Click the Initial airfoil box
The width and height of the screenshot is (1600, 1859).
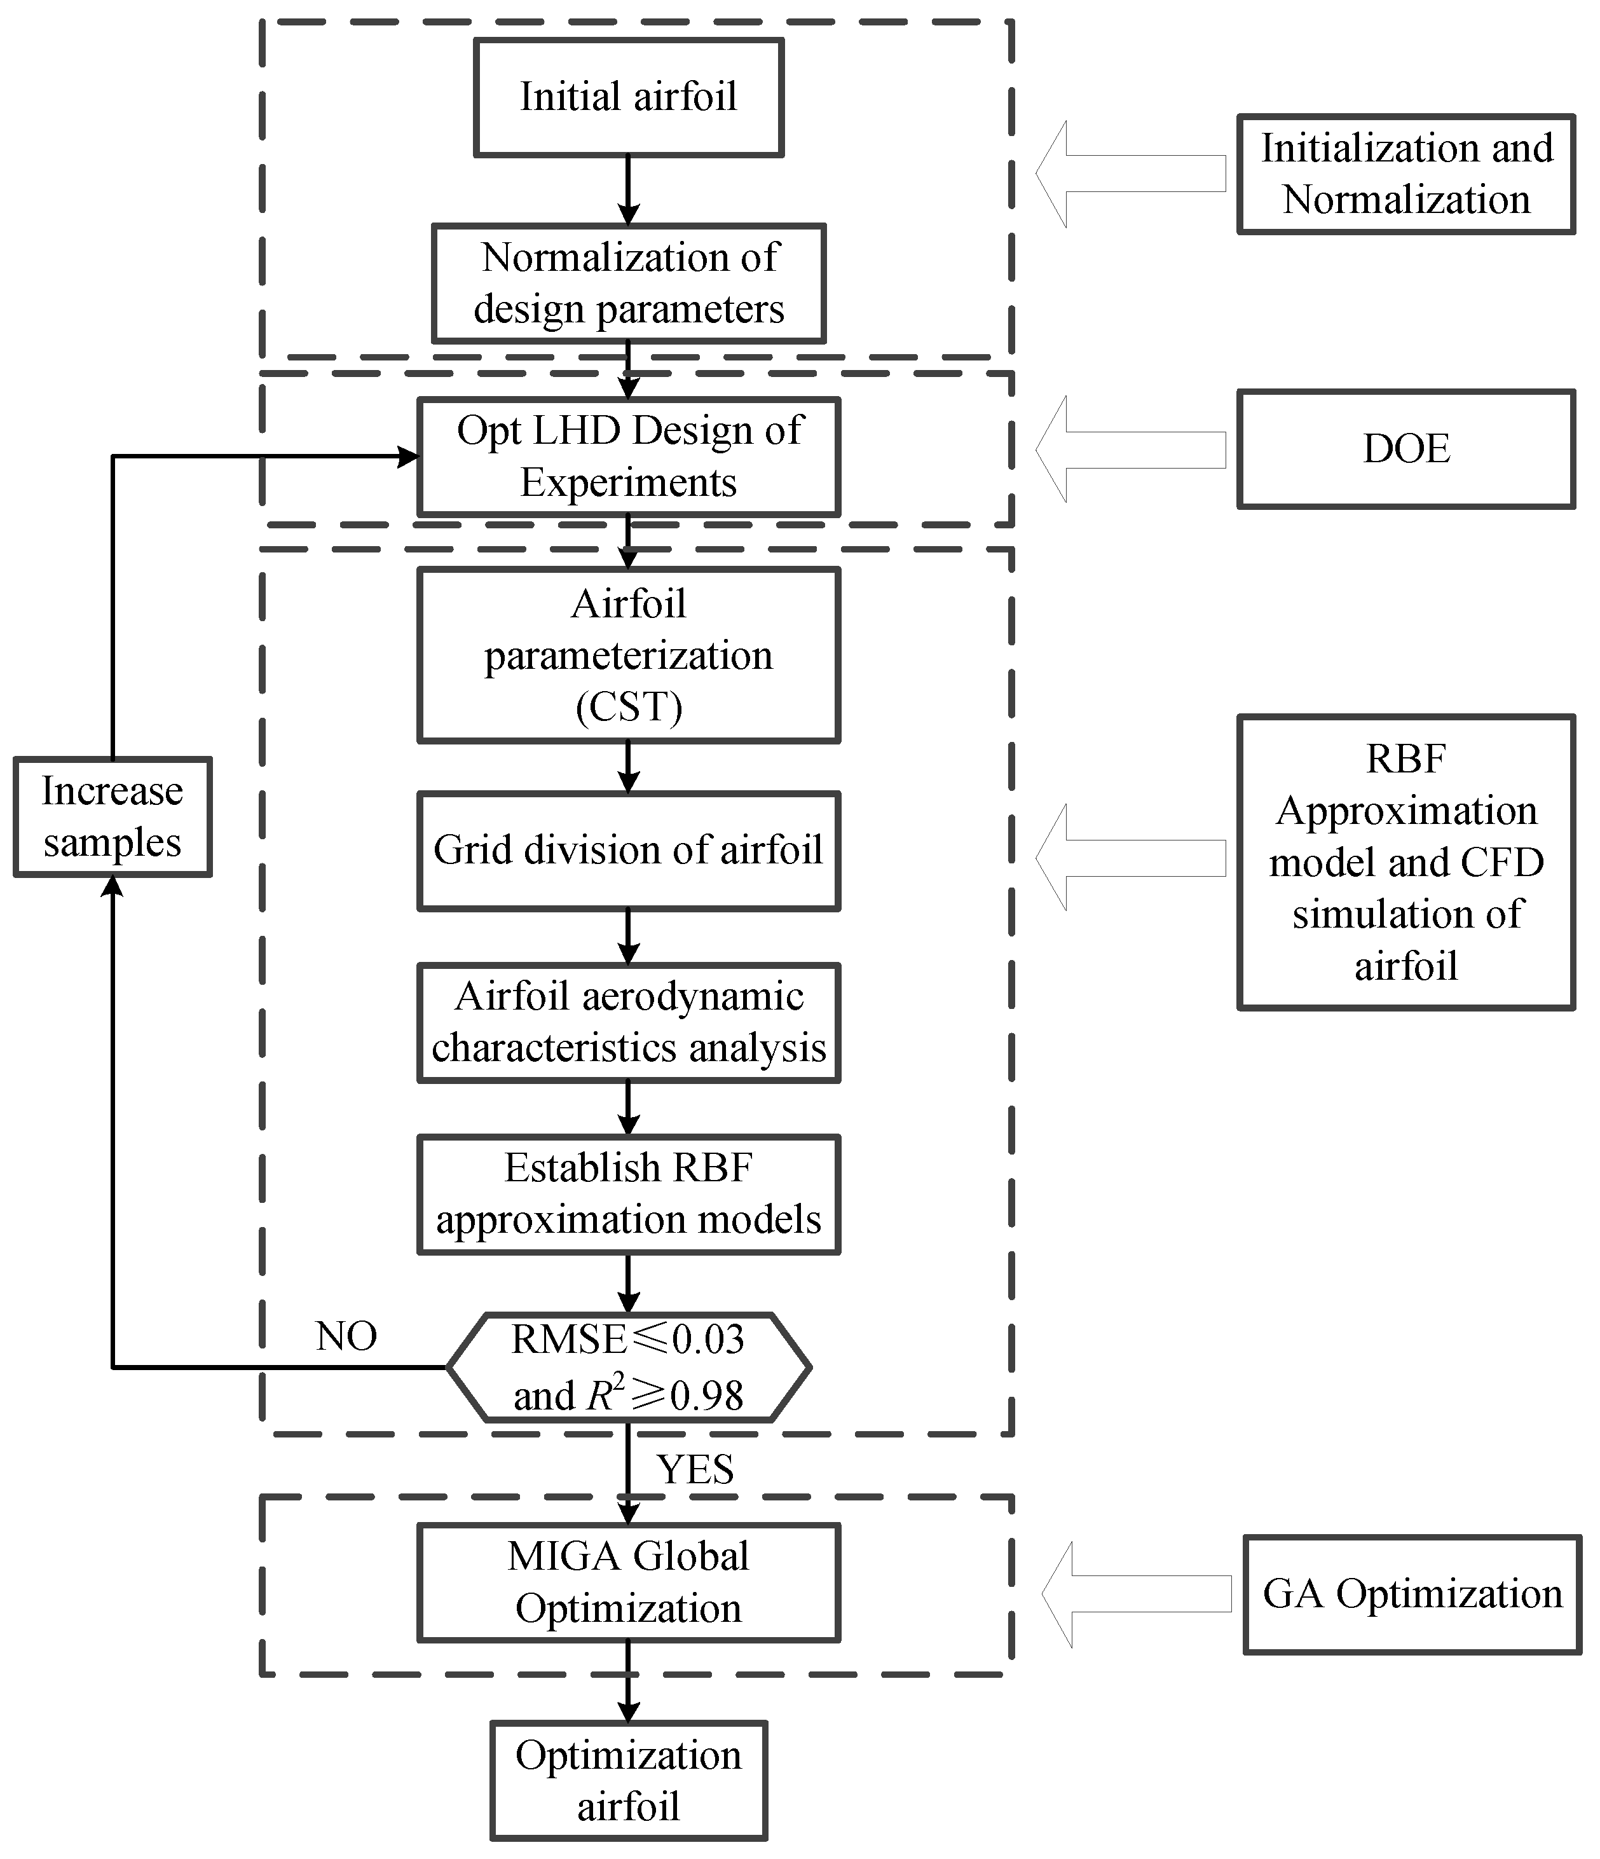point(628,97)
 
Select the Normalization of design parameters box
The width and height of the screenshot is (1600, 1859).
point(628,283)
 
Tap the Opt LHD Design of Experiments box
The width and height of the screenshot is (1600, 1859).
point(628,456)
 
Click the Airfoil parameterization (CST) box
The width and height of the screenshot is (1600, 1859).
point(628,655)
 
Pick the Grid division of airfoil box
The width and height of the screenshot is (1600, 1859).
point(628,851)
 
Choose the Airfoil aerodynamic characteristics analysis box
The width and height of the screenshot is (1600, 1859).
point(628,1023)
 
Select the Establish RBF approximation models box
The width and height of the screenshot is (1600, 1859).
point(628,1194)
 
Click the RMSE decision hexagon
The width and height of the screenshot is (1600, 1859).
point(628,1368)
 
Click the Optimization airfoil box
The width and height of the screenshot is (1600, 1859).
point(628,1781)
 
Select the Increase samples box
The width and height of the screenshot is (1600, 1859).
point(112,816)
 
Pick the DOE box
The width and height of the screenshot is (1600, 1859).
point(1405,449)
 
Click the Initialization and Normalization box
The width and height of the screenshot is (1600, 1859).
point(1405,174)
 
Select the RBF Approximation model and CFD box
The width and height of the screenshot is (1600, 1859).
point(1405,862)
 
